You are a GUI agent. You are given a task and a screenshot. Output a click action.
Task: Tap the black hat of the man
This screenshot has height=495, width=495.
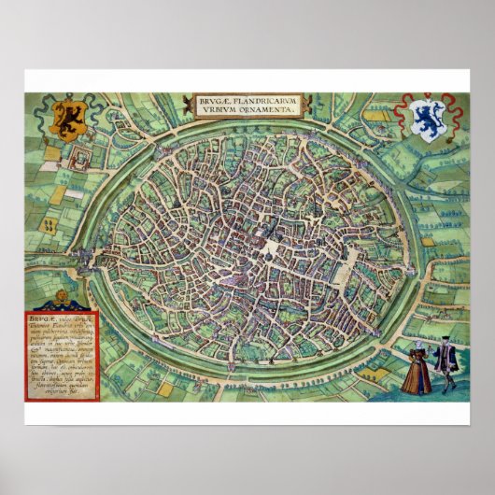pos(445,343)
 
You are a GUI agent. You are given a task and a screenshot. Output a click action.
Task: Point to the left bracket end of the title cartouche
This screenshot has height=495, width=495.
pos(193,102)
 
